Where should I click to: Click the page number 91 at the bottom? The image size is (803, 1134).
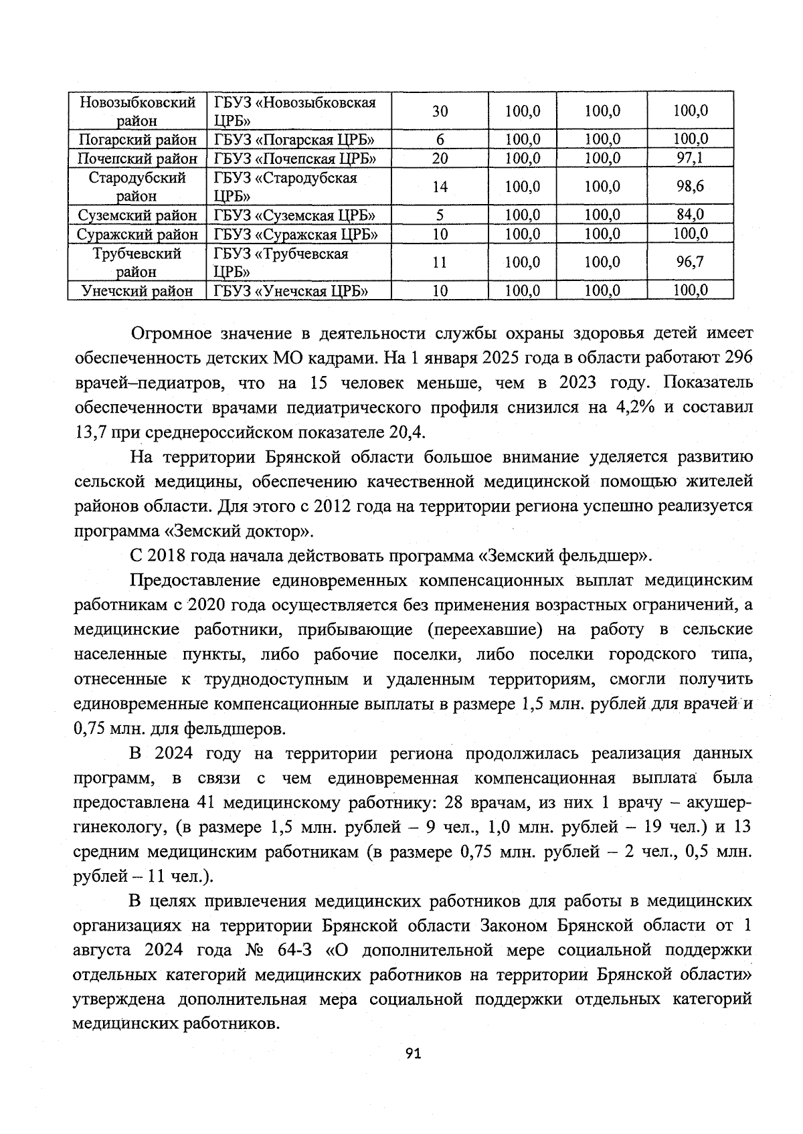click(413, 1054)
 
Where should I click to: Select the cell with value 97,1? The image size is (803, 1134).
click(690, 159)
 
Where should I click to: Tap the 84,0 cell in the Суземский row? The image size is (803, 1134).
click(690, 215)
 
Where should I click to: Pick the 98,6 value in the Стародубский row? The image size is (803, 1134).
click(690, 187)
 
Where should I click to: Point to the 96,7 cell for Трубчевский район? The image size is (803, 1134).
click(690, 262)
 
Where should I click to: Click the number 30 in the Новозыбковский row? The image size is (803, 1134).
click(440, 111)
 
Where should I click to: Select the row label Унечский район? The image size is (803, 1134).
click(137, 291)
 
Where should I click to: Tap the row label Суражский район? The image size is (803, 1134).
click(137, 234)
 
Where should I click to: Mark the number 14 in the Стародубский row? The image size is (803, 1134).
click(440, 187)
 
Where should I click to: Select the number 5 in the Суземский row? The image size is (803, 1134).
click(440, 215)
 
